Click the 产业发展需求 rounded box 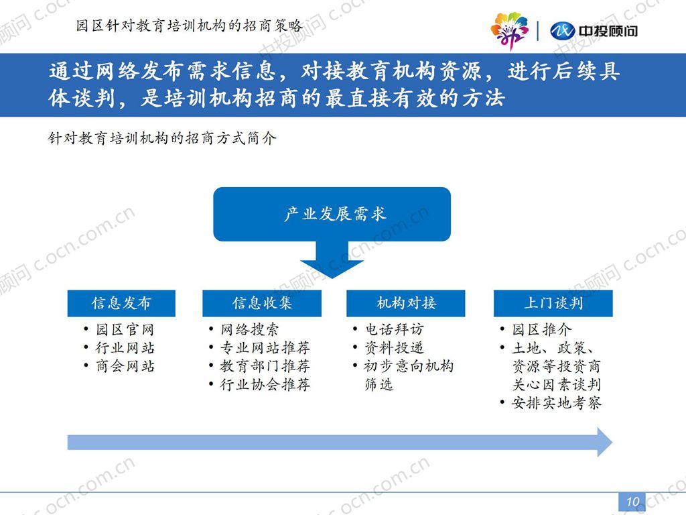coord(332,214)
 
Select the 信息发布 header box coord(121,303)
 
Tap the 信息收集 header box coord(262,303)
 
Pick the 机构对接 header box coord(405,303)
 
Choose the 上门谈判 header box coord(553,303)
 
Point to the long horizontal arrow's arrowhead coord(605,443)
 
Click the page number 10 coord(632,502)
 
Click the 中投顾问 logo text coord(608,31)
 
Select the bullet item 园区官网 coord(125,330)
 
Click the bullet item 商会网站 coord(125,366)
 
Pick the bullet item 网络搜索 coord(249,330)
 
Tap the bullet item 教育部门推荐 coord(265,366)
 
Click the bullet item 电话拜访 coord(394,330)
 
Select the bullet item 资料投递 coord(394,348)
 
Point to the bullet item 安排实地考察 coord(557,403)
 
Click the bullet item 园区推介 coord(541,330)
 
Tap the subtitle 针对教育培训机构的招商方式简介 coord(162,139)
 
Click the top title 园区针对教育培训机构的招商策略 coord(189,26)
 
